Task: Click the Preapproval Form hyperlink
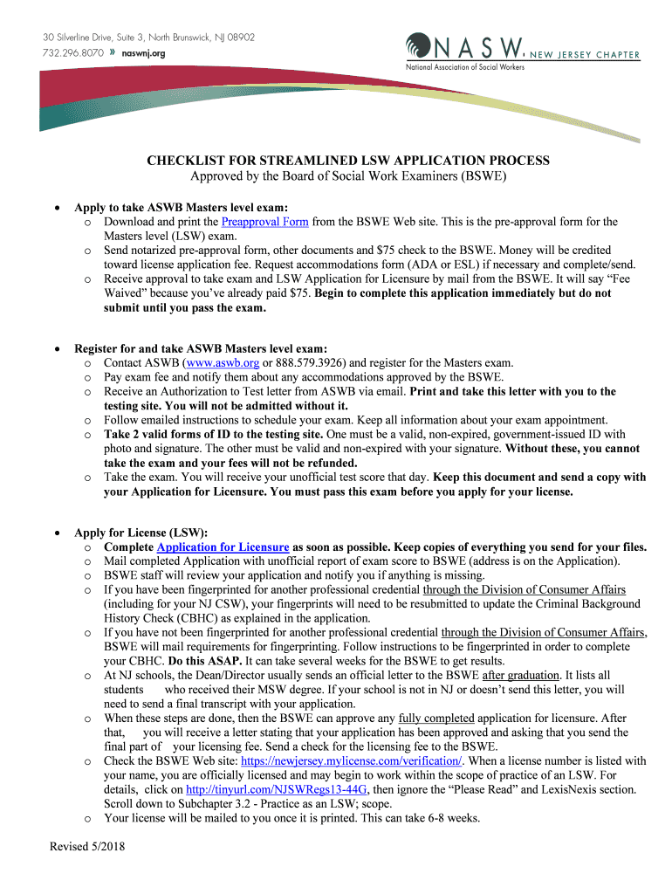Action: [265, 222]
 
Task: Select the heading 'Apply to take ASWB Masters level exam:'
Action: [181, 208]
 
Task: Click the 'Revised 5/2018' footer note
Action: [87, 848]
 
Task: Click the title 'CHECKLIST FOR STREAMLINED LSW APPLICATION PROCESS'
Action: [336, 161]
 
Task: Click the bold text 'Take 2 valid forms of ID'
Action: [170, 434]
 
